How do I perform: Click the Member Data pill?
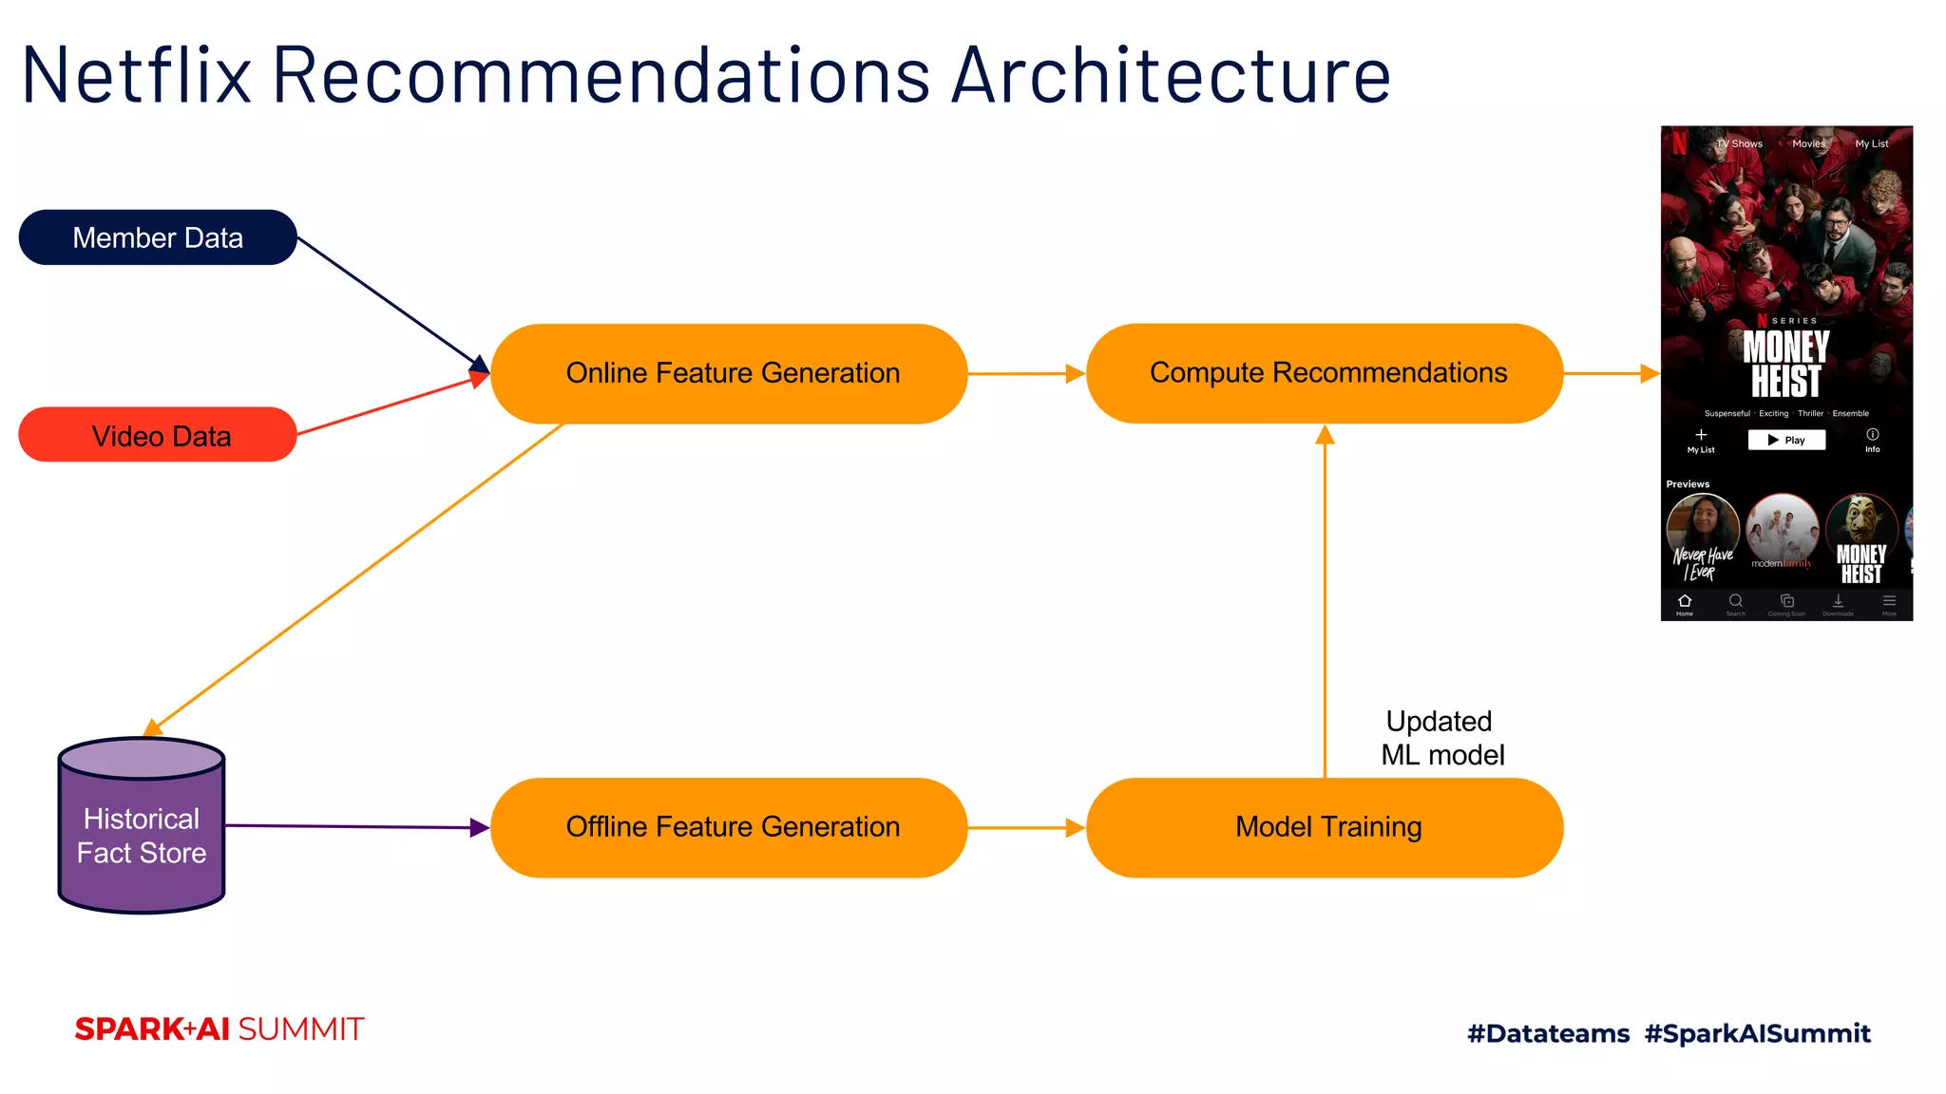(158, 237)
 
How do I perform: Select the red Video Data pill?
(158, 435)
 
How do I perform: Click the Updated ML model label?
(1441, 738)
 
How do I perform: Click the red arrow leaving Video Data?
(390, 406)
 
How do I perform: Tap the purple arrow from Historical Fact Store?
(356, 826)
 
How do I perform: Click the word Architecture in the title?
(1171, 76)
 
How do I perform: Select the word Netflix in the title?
(137, 76)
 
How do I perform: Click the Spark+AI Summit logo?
(219, 1029)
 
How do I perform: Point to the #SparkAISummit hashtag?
(1757, 1033)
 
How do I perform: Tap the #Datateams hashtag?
(1548, 1033)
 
